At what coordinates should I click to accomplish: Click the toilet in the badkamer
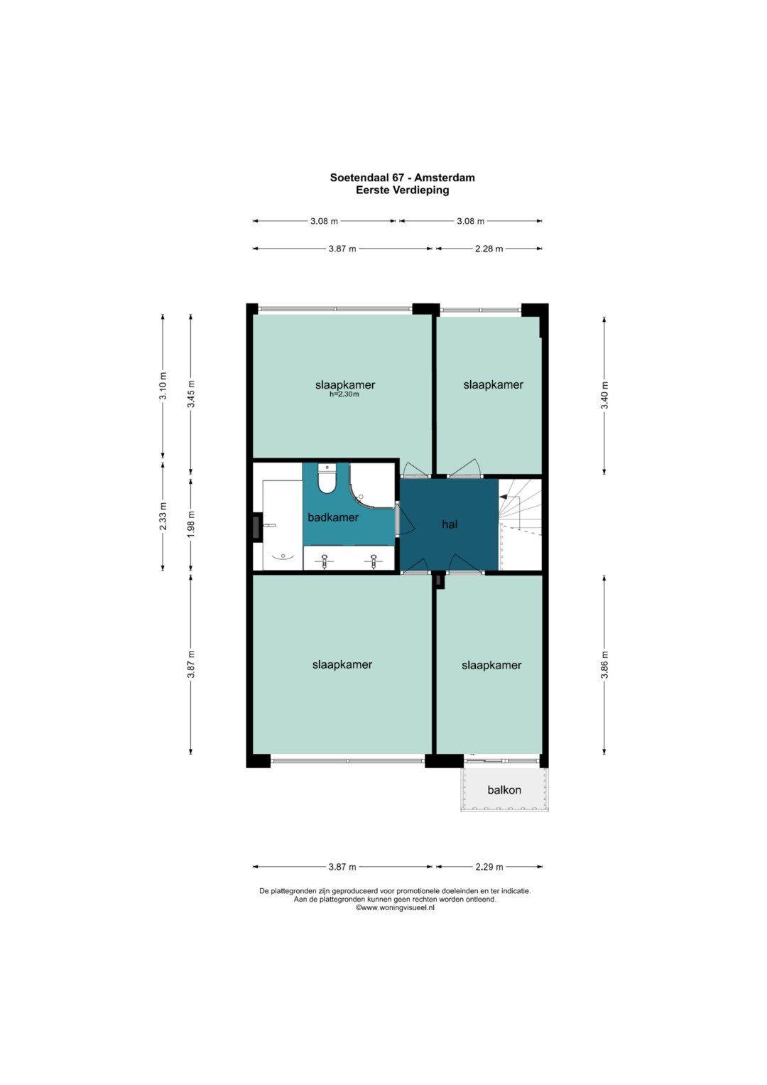click(x=327, y=479)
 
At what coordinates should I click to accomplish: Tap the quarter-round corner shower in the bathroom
click(x=371, y=486)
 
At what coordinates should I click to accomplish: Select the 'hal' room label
click(x=450, y=524)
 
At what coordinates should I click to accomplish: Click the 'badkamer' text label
click(x=333, y=517)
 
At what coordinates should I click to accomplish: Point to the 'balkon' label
click(x=504, y=790)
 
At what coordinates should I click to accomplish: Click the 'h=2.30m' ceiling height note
click(x=344, y=394)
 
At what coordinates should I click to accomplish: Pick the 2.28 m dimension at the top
click(x=489, y=249)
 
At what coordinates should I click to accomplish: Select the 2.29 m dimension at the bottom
click(x=489, y=867)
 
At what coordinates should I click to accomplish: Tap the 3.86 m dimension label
click(x=604, y=665)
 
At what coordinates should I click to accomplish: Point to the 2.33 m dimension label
click(x=163, y=515)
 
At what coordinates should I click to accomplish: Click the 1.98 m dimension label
click(x=191, y=524)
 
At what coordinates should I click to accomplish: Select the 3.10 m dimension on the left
click(x=163, y=386)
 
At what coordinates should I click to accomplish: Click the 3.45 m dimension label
click(x=191, y=394)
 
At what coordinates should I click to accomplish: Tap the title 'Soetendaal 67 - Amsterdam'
click(x=403, y=178)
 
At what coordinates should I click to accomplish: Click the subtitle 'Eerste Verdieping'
click(x=403, y=190)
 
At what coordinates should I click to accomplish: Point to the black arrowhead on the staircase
click(x=503, y=497)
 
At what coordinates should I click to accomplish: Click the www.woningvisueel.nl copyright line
click(x=395, y=907)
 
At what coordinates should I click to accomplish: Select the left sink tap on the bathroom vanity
click(x=325, y=561)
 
